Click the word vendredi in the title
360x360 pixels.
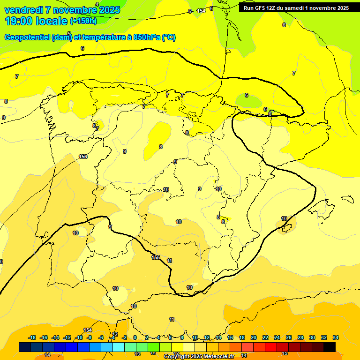coord(24,10)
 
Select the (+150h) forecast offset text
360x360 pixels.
coord(83,21)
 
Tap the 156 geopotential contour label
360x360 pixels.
coord(83,157)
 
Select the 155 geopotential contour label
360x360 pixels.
coord(156,257)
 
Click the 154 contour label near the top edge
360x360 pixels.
coord(201,11)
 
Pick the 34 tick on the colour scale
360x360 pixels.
coord(335,338)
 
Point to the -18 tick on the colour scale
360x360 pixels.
coord(32,338)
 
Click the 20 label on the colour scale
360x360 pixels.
coord(254,338)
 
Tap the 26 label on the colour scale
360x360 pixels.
coord(289,338)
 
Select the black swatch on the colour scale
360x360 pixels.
coord(330,347)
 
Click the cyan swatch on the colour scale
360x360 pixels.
coord(119,347)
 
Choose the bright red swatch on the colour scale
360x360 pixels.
coord(271,347)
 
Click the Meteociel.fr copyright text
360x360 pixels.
coord(199,357)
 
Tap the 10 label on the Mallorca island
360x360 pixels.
coord(284,219)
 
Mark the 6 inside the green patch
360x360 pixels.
coord(247,96)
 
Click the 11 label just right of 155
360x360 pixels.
coord(169,261)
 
